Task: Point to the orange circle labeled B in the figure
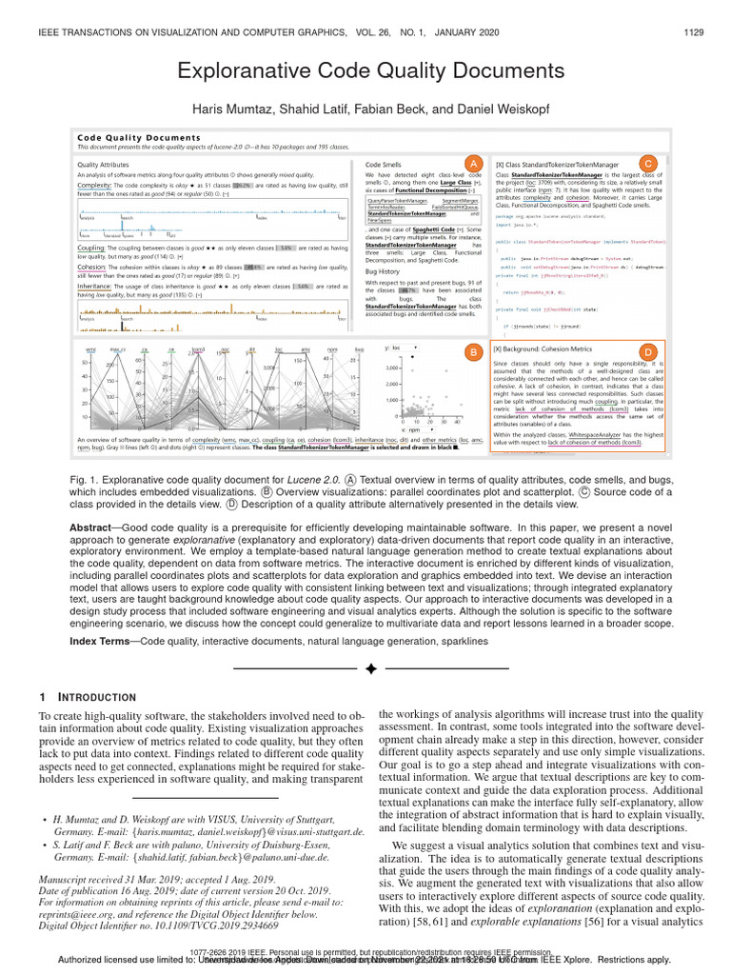tap(470, 353)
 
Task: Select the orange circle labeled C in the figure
tap(647, 163)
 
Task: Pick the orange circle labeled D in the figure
tap(647, 353)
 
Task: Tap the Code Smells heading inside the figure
tap(384, 165)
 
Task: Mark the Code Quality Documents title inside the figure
tap(132, 137)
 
